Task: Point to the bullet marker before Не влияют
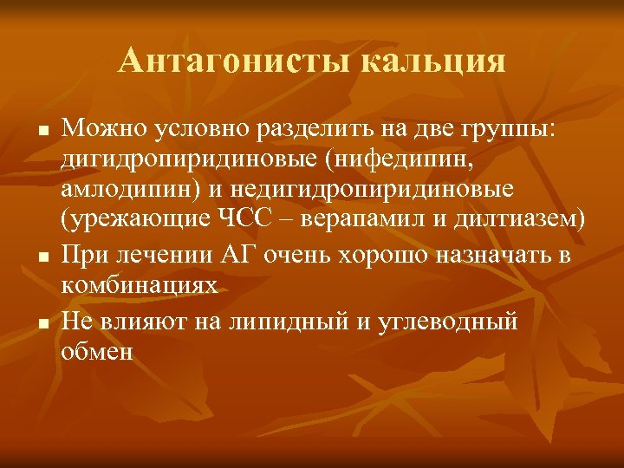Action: pos(41,322)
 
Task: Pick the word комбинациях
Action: pos(139,287)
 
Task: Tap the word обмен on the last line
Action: pos(97,352)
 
